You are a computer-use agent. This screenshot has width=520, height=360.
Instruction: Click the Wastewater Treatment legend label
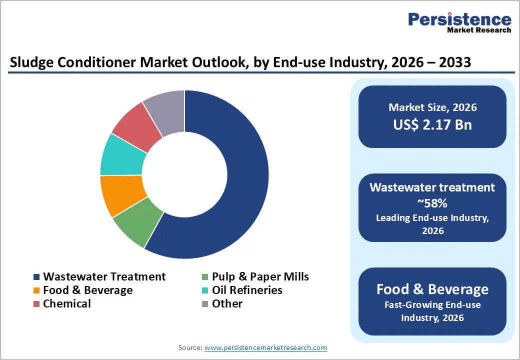104,276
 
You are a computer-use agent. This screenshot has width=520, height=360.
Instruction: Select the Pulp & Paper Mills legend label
260,276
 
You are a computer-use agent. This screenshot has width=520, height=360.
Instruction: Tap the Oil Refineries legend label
247,290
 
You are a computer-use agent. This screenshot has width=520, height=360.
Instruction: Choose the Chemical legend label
67,303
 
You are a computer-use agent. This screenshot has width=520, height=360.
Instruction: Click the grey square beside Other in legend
205,304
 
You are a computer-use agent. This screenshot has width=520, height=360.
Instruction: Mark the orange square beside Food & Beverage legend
36,290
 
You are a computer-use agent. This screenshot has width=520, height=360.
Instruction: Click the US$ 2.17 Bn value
432,124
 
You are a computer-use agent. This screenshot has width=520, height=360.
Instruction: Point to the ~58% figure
432,203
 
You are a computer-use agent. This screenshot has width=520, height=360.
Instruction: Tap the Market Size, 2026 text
432,107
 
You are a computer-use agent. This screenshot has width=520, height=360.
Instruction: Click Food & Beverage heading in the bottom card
432,289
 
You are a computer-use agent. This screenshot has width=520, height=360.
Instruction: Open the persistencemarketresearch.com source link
266,347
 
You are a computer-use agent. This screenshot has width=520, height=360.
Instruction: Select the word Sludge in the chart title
30,63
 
